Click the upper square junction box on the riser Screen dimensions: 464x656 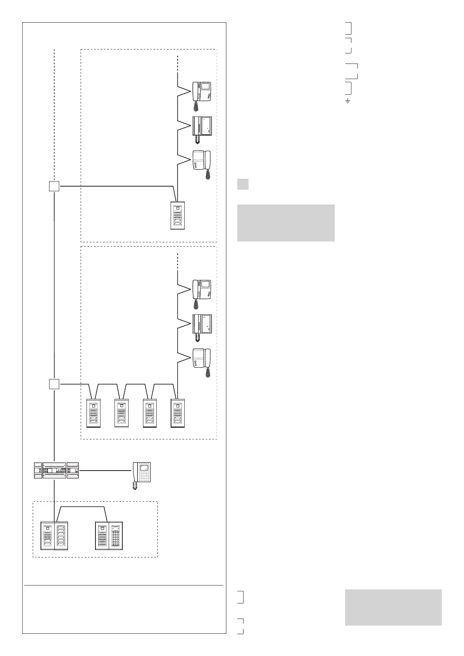click(x=54, y=186)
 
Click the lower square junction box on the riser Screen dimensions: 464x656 click(x=54, y=384)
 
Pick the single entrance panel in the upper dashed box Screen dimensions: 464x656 click(x=178, y=215)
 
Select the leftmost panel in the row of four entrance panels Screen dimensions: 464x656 click(x=94, y=413)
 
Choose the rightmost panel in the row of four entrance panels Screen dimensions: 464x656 click(x=178, y=413)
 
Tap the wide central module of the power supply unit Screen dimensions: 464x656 click(x=54, y=470)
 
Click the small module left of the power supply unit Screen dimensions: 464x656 click(x=38, y=470)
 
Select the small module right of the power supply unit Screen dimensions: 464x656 click(x=73, y=470)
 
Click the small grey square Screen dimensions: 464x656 click(x=243, y=184)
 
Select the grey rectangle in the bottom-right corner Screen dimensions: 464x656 click(x=393, y=607)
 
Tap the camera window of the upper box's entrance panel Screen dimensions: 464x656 click(x=178, y=208)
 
